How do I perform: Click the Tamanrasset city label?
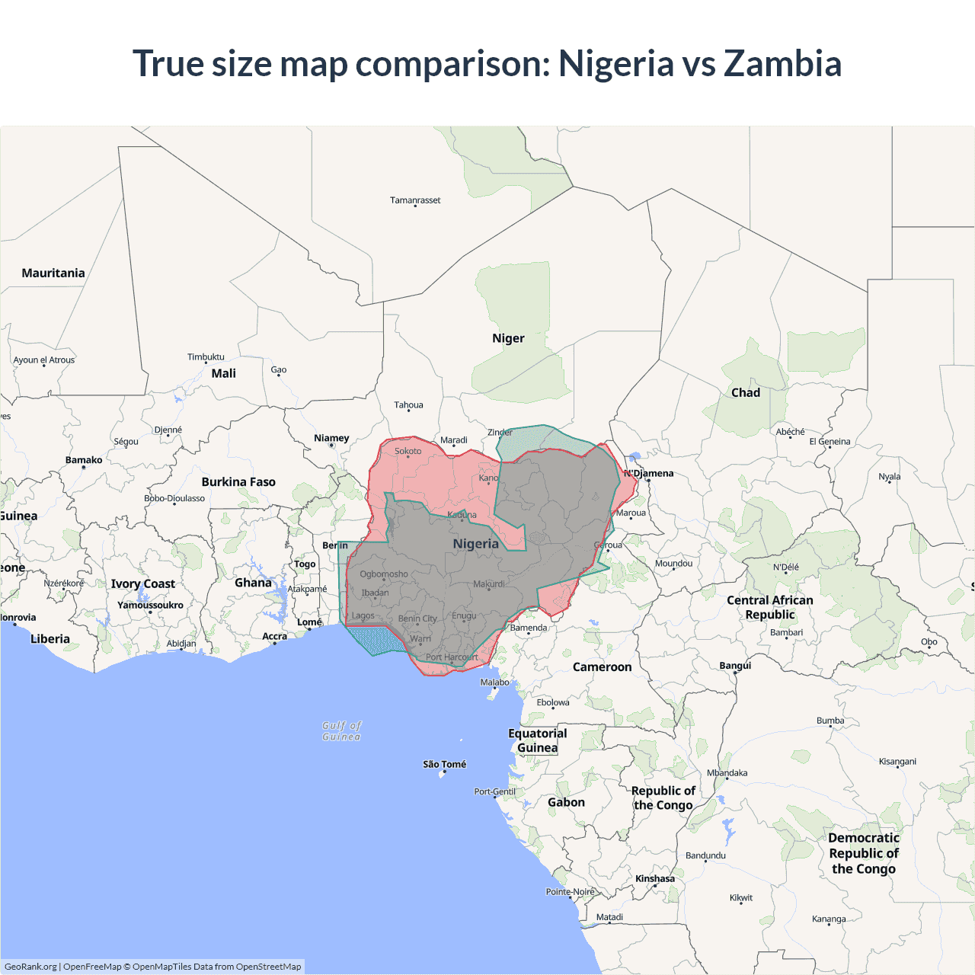[x=415, y=200]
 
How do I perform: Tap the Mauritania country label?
[x=53, y=273]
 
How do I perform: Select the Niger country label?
[x=508, y=338]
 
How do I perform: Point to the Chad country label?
[x=746, y=392]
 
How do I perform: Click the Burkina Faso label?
[x=238, y=481]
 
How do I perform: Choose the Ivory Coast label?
[x=143, y=583]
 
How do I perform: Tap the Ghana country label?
[x=253, y=583]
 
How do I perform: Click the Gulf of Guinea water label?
[x=341, y=731]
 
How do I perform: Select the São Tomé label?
[x=445, y=764]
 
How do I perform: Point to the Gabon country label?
[x=566, y=802]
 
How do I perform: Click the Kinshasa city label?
[x=655, y=878]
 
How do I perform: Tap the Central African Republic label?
[x=770, y=607]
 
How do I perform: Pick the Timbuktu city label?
[x=206, y=356]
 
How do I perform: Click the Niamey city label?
[x=331, y=438]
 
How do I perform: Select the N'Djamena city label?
[x=649, y=473]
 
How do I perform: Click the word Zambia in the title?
[x=782, y=63]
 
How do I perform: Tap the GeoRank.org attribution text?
[x=30, y=967]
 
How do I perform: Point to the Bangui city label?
[x=735, y=666]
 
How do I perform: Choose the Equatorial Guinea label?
[x=538, y=740]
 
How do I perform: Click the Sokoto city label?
[x=408, y=451]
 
